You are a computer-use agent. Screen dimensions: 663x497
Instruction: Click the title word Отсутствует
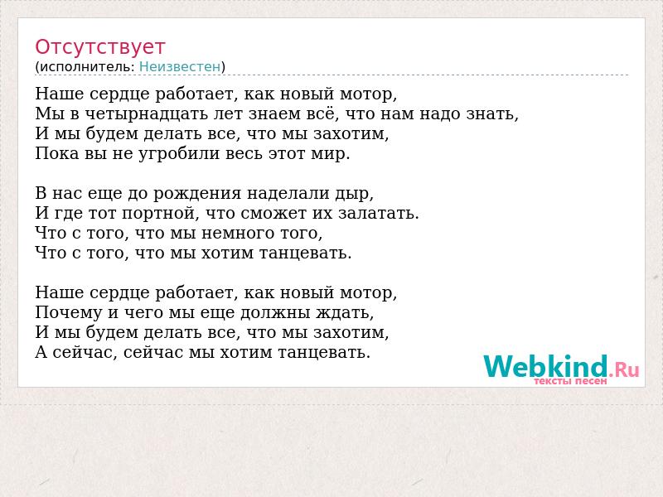click(99, 47)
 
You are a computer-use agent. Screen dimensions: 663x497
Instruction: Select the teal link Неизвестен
click(180, 67)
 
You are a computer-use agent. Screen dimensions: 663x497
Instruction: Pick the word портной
click(160, 214)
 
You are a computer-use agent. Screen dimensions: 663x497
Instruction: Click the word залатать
click(379, 213)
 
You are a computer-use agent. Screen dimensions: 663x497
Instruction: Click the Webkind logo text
click(545, 366)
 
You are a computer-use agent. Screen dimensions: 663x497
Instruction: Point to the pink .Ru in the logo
click(624, 369)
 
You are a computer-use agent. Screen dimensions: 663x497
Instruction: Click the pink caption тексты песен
click(570, 381)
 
